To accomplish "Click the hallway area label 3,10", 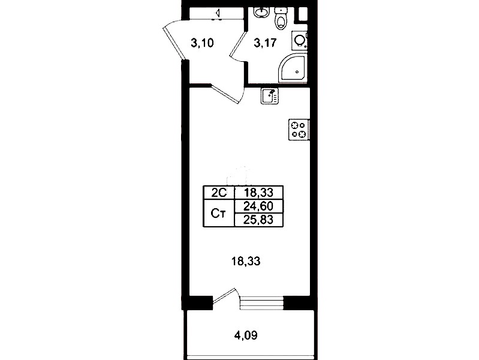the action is (x=202, y=43).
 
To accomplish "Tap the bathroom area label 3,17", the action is (x=265, y=43).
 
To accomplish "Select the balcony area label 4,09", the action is (x=246, y=335).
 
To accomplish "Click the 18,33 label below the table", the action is (x=246, y=261).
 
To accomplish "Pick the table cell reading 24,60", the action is (x=258, y=206).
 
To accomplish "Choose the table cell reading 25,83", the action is (x=258, y=220).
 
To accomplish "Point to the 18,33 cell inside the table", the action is (x=258, y=193).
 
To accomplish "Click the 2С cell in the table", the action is (x=219, y=193).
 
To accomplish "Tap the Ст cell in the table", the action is (x=219, y=213).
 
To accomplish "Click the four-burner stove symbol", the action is (x=299, y=130).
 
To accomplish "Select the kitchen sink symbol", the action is (x=269, y=96).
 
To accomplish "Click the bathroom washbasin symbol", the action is (x=261, y=13).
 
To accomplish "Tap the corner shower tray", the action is (x=293, y=68).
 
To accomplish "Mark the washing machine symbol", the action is (x=299, y=40).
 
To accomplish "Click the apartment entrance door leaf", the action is (x=174, y=43).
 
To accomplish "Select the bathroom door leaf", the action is (x=238, y=46).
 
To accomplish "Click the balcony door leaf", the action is (x=225, y=295).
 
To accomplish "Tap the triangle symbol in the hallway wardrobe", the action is (x=218, y=13).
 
